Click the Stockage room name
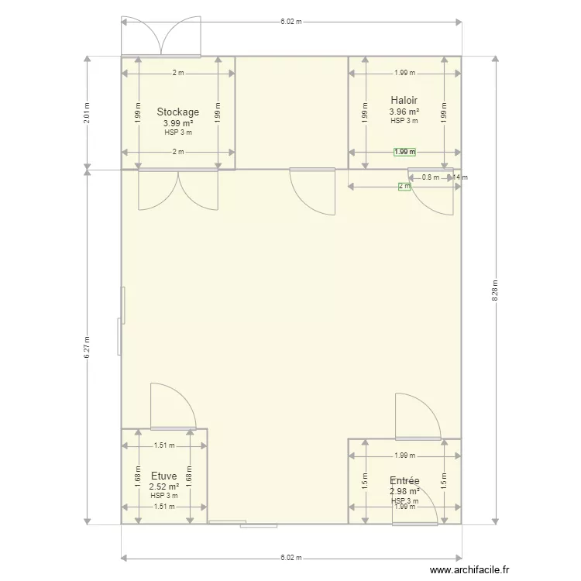point(177,112)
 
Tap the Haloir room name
point(404,100)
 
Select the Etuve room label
point(163,476)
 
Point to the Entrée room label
point(404,481)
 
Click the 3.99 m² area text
point(177,123)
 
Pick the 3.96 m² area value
point(404,111)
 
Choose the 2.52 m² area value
point(163,486)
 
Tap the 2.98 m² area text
point(404,491)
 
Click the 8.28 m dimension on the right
point(496,291)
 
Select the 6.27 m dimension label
point(88,346)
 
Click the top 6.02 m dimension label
point(291,22)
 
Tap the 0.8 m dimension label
point(430,177)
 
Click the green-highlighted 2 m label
point(404,187)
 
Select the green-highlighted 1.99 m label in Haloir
point(404,152)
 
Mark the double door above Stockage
point(161,36)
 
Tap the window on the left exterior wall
point(120,320)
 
